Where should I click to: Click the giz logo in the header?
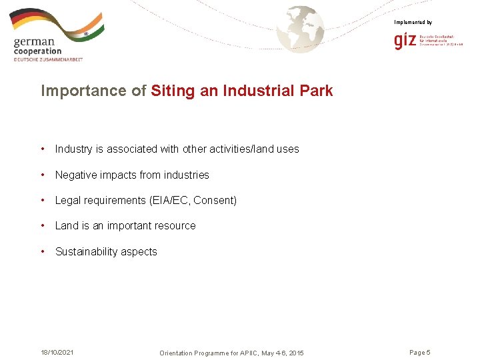pyautogui.click(x=405, y=42)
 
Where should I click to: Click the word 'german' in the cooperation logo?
pyautogui.click(x=34, y=42)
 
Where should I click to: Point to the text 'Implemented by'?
pyautogui.click(x=413, y=23)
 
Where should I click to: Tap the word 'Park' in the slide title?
pyautogui.click(x=315, y=91)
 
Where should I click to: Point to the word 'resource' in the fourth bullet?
pyautogui.click(x=175, y=226)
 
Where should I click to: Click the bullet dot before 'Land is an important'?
pyautogui.click(x=43, y=225)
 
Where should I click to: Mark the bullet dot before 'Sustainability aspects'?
pyautogui.click(x=43, y=251)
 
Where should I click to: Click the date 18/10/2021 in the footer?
pyautogui.click(x=57, y=352)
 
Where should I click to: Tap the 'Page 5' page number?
pyautogui.click(x=420, y=352)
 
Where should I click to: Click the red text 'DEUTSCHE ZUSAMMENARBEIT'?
pyautogui.click(x=48, y=59)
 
